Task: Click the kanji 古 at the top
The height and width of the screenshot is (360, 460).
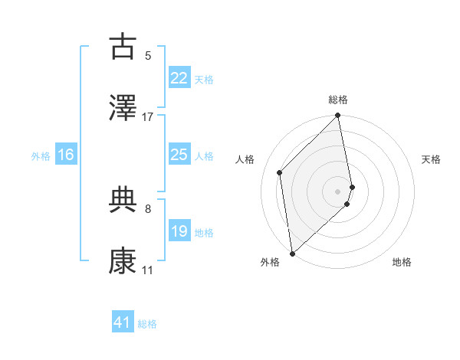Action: point(123,47)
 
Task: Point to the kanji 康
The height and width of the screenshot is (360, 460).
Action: point(123,261)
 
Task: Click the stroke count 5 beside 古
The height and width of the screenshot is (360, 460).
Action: point(147,55)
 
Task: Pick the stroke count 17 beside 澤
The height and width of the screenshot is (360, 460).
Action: point(148,116)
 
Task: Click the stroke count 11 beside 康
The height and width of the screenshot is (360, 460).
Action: point(147,270)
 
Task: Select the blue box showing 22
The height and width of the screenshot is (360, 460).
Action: point(179,78)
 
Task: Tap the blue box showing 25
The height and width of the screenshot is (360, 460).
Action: point(179,155)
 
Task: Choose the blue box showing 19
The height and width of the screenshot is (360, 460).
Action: point(179,231)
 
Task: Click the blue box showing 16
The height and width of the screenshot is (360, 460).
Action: point(66,155)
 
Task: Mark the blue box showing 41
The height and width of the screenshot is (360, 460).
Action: point(123,322)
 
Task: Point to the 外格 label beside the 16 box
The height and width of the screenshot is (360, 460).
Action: point(41,156)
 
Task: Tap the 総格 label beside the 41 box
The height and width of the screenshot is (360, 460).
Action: point(147,324)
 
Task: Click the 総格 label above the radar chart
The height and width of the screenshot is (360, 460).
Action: point(338,100)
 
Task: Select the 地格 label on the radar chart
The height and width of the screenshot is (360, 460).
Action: point(402,262)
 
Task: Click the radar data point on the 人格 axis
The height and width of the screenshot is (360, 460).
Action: point(280,172)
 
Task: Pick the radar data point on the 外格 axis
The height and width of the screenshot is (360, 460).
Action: point(291,253)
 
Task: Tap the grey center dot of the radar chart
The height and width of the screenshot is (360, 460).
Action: point(338,191)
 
